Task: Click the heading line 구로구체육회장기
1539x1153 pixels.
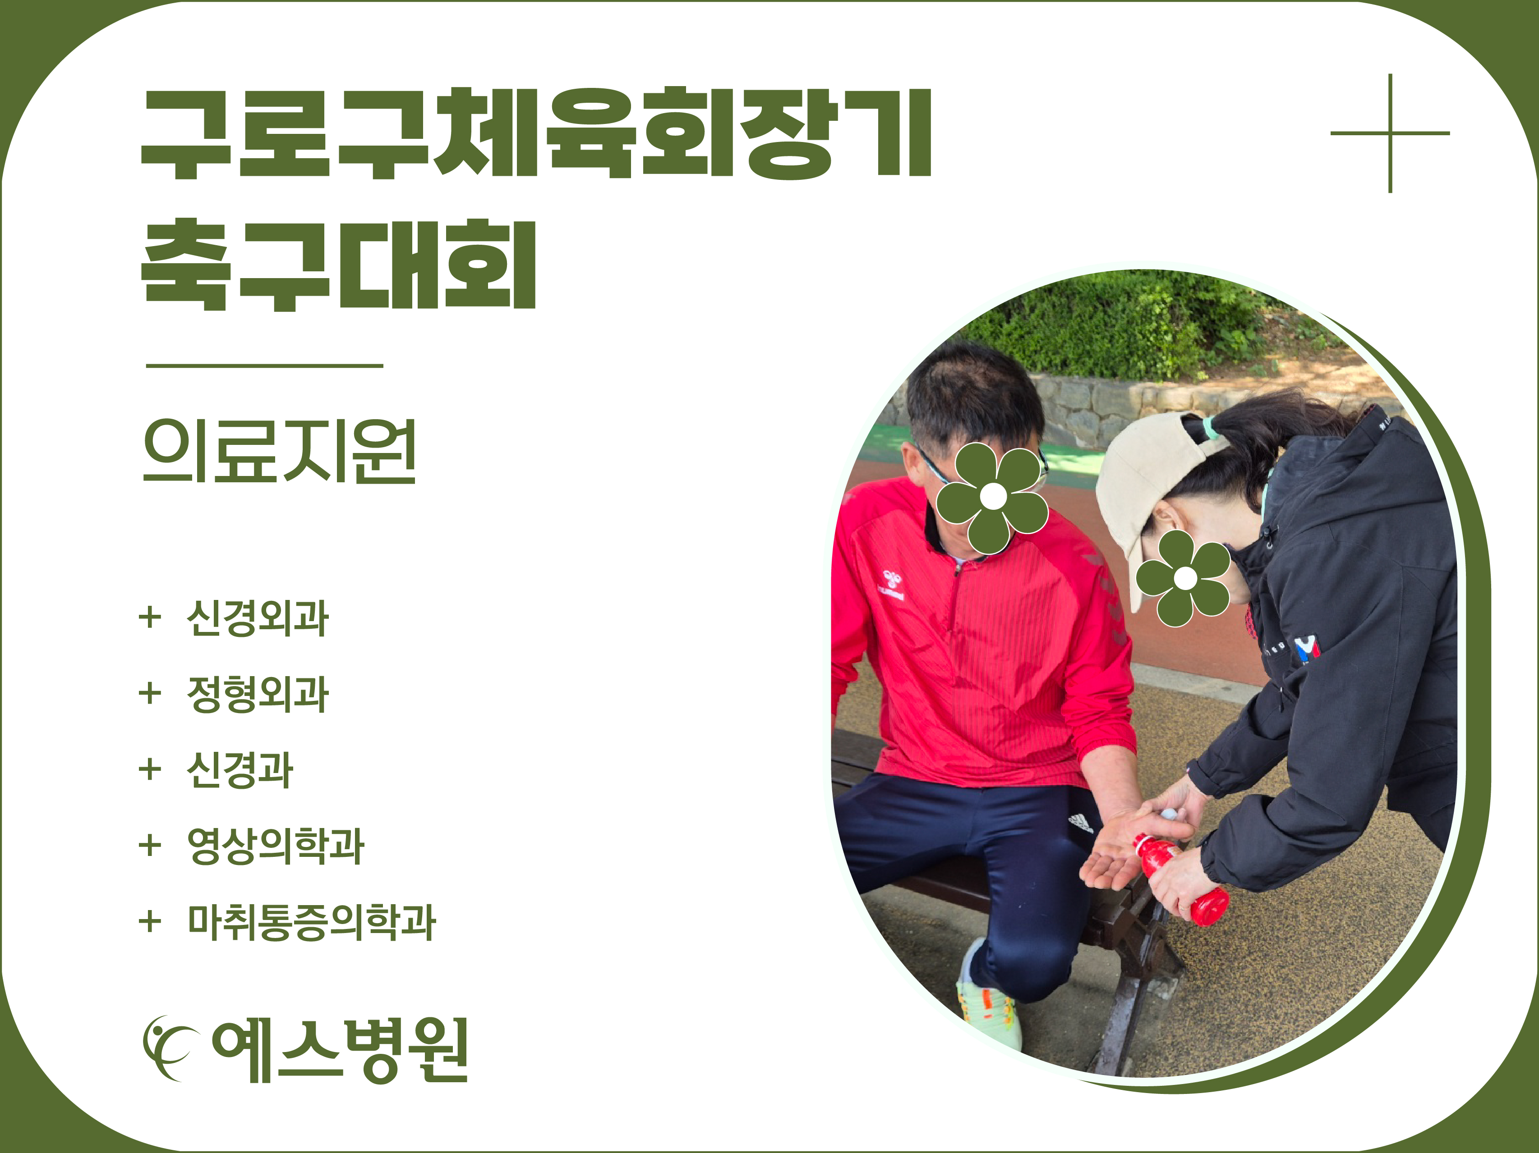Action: tap(536, 133)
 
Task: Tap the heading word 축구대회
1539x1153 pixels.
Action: tap(339, 264)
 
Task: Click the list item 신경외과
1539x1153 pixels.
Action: tap(258, 618)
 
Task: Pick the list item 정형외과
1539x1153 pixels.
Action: tap(258, 694)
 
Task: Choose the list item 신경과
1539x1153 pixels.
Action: tap(240, 770)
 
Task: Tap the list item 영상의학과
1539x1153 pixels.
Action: tap(276, 846)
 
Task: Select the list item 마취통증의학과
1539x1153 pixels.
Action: tap(312, 922)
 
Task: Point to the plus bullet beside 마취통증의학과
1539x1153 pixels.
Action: tap(150, 922)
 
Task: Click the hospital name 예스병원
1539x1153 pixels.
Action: tap(340, 1050)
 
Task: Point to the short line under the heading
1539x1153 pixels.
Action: tap(264, 365)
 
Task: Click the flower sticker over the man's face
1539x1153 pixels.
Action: tap(992, 497)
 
